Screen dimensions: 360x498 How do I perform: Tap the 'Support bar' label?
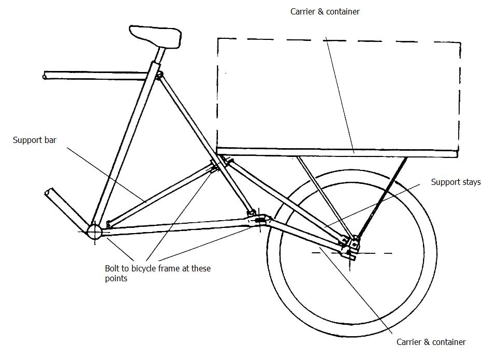point(35,140)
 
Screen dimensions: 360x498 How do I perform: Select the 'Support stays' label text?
point(456,182)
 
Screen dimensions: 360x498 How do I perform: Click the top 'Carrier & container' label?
point(325,11)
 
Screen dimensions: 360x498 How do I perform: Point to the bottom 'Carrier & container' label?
point(431,342)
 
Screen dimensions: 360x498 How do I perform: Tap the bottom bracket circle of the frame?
point(95,232)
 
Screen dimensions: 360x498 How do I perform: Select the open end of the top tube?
point(46,76)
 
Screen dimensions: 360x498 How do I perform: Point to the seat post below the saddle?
point(159,54)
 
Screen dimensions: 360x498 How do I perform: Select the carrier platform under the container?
point(336,152)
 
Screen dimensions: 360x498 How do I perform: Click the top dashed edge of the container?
point(336,39)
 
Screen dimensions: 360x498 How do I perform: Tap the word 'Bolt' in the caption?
point(112,268)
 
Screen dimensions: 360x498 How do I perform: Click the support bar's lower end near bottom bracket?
point(109,224)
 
